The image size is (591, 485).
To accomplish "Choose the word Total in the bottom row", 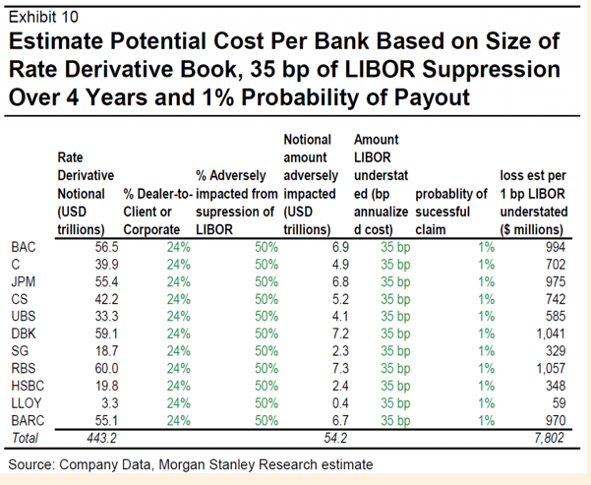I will tap(26, 437).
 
